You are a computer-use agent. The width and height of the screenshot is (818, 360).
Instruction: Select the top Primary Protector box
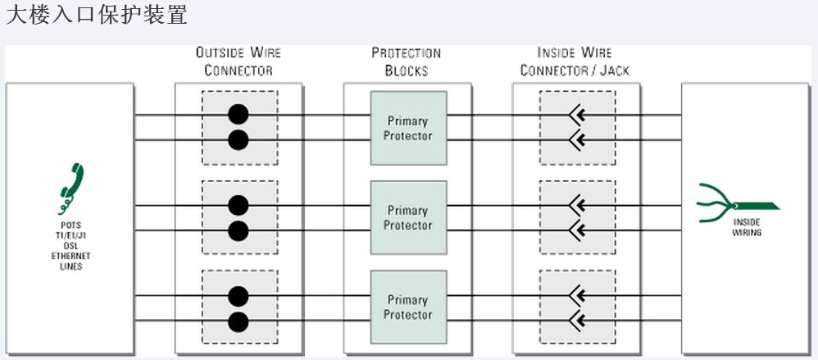click(x=408, y=128)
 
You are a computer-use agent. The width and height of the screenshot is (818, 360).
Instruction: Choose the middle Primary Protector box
click(x=408, y=217)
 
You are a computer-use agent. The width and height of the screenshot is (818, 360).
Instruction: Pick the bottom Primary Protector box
click(x=408, y=307)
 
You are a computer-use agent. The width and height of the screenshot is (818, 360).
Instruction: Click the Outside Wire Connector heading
click(x=238, y=62)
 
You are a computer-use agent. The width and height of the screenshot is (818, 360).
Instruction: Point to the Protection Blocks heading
click(x=407, y=62)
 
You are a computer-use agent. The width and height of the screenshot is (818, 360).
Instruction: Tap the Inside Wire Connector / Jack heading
click(x=575, y=62)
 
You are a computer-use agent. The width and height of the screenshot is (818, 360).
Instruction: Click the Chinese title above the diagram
click(x=97, y=15)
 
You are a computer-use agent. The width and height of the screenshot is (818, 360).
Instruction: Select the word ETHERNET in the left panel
click(x=70, y=257)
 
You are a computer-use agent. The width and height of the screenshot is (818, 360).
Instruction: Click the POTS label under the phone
click(x=70, y=225)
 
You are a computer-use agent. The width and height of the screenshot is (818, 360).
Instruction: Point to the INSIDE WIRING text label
click(x=747, y=227)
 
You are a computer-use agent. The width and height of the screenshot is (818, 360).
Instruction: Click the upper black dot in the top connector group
click(x=238, y=114)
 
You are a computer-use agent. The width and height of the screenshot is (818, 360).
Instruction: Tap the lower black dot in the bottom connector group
click(x=238, y=320)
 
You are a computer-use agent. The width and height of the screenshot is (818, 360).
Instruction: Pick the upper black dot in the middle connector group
click(x=238, y=204)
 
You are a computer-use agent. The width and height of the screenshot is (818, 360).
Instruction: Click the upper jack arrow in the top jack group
click(x=577, y=115)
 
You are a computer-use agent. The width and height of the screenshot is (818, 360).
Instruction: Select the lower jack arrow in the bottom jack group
click(x=577, y=320)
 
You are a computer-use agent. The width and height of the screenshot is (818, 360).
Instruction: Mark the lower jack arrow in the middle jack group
click(x=577, y=230)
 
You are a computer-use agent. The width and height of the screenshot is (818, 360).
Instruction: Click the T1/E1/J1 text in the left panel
click(x=70, y=235)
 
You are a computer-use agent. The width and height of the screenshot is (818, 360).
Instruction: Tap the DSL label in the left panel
click(x=70, y=246)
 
